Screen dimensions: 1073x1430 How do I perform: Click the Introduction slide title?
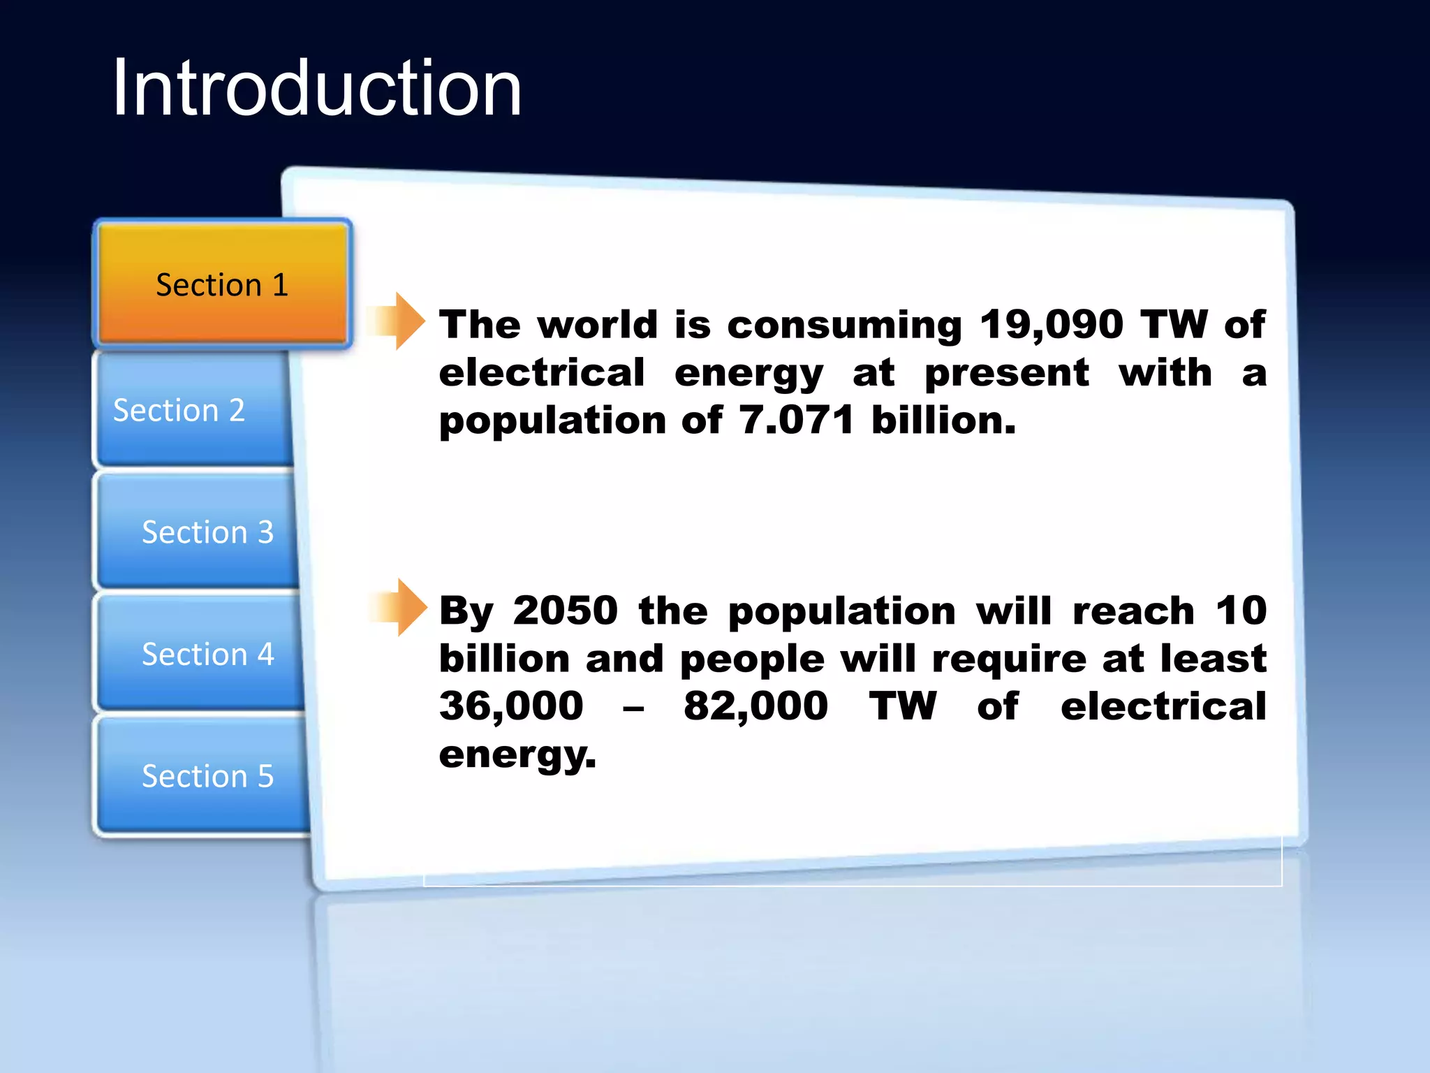point(316,89)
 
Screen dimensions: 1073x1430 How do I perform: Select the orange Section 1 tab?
point(222,284)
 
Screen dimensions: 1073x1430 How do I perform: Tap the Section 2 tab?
point(179,410)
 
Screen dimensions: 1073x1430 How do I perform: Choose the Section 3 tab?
point(207,532)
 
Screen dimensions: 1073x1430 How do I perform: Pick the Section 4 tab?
point(207,655)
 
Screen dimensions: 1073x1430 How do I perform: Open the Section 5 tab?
point(207,776)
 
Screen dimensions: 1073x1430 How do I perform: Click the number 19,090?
point(1051,325)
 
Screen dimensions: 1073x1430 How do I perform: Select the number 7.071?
point(796,421)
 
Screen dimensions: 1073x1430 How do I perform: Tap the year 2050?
point(565,611)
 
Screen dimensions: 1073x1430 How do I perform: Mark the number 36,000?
point(511,706)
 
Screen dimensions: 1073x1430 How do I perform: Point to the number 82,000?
point(755,706)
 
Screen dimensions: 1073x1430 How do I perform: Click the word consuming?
point(844,325)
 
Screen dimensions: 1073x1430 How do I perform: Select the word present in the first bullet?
point(1006,374)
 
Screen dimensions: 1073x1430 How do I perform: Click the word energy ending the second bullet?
point(517,756)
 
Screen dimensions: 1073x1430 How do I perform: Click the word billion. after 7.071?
point(943,421)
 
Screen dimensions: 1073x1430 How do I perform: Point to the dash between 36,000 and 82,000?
point(633,709)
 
